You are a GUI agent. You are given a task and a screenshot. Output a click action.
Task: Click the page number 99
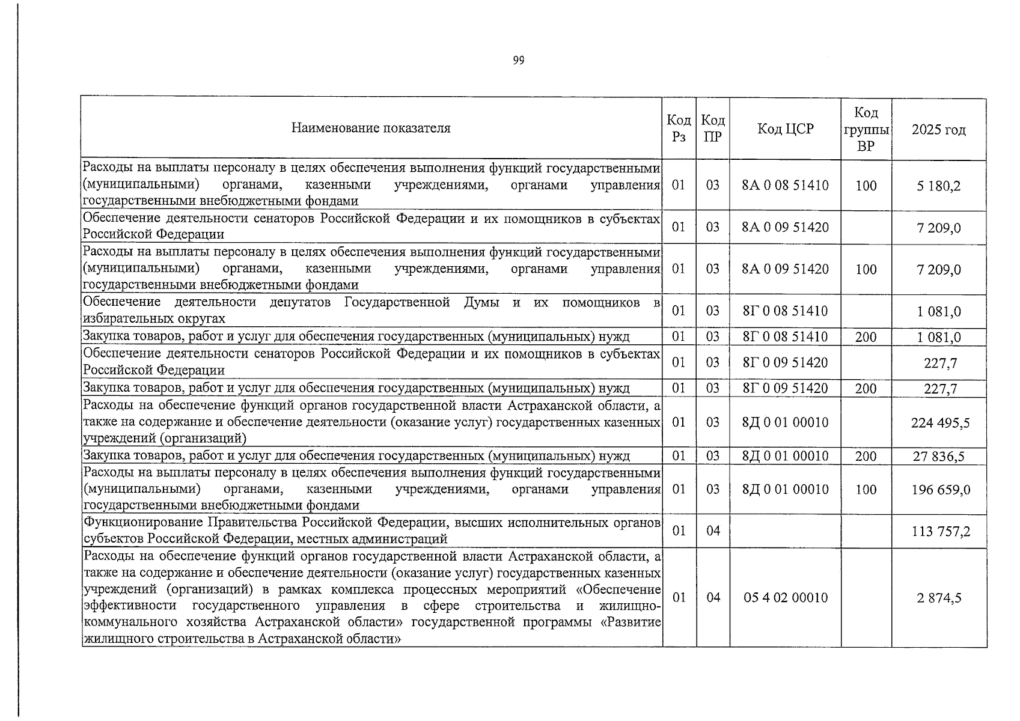pos(519,61)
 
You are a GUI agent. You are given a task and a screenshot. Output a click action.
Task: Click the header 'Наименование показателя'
pos(371,128)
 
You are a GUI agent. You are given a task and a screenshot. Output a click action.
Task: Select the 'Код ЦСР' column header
pos(785,129)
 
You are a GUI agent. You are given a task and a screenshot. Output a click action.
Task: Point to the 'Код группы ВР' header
pos(866,129)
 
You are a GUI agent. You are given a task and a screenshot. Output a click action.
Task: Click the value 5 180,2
pos(938,186)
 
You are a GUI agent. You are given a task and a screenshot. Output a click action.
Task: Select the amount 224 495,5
pos(940,423)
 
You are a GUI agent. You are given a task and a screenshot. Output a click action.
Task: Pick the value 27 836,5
pos(938,457)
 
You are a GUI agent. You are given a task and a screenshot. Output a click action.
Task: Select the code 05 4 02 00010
pos(785,598)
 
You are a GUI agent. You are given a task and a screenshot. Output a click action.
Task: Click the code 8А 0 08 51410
pos(785,186)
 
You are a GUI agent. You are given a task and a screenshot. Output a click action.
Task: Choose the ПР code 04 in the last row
pos(713,598)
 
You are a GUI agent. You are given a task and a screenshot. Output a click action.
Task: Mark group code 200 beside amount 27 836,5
pos(866,457)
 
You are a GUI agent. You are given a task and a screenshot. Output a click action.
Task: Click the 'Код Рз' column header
pos(679,129)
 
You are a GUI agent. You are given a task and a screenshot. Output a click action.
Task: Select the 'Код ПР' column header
pos(713,129)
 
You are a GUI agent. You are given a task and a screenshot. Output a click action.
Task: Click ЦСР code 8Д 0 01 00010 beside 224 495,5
pos(785,423)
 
